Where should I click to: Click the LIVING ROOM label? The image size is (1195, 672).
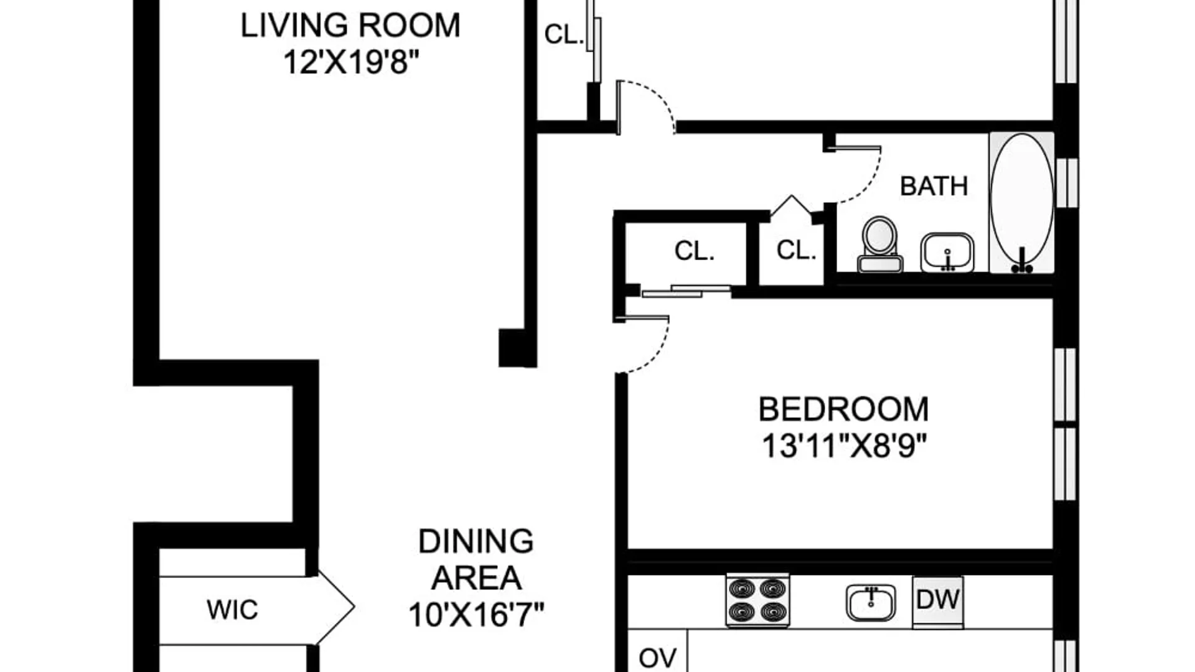(x=350, y=26)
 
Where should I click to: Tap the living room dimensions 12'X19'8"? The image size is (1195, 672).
(x=351, y=62)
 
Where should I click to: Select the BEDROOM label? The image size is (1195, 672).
(x=843, y=409)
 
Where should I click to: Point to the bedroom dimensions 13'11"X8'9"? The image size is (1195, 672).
(x=845, y=446)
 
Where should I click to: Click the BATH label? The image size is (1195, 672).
(x=934, y=186)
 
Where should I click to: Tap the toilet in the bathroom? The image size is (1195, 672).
(x=879, y=245)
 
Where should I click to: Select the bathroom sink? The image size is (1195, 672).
(x=947, y=253)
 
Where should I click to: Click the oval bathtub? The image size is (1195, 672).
(x=1021, y=202)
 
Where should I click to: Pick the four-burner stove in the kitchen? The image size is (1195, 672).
(x=757, y=600)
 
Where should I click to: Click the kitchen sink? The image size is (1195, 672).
(x=871, y=602)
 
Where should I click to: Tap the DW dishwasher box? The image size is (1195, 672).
(x=937, y=600)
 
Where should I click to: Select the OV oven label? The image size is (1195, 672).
(x=657, y=658)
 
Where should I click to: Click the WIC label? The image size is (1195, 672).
(x=232, y=610)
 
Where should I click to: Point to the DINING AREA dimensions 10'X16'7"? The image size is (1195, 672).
(x=476, y=614)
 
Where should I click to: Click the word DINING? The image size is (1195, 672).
(x=476, y=541)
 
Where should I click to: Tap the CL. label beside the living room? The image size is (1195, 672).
(x=564, y=34)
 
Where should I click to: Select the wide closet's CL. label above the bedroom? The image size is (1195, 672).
(x=694, y=251)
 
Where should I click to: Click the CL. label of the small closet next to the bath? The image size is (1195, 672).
(x=796, y=250)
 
